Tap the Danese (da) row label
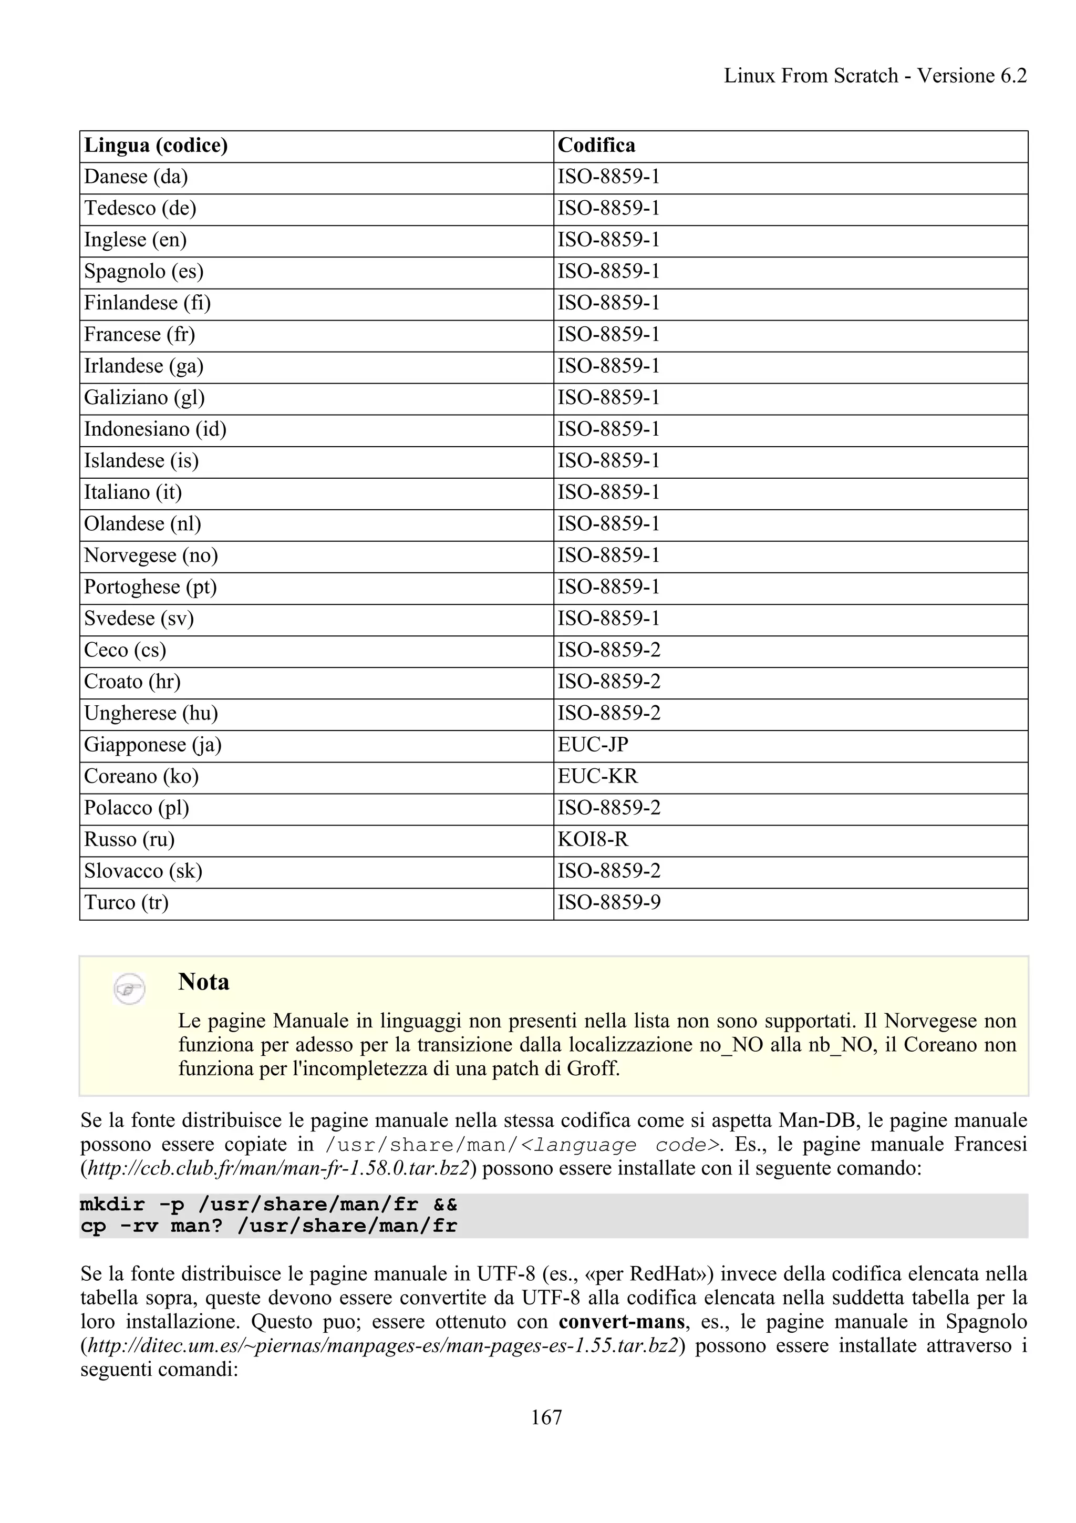(x=136, y=177)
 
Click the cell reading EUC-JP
(x=593, y=745)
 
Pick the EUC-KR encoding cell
(x=597, y=777)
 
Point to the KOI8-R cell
(x=593, y=840)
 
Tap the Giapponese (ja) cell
(x=152, y=745)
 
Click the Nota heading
(x=203, y=982)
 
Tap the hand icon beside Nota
(x=129, y=990)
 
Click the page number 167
(x=546, y=1417)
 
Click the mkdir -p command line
(x=268, y=1205)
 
